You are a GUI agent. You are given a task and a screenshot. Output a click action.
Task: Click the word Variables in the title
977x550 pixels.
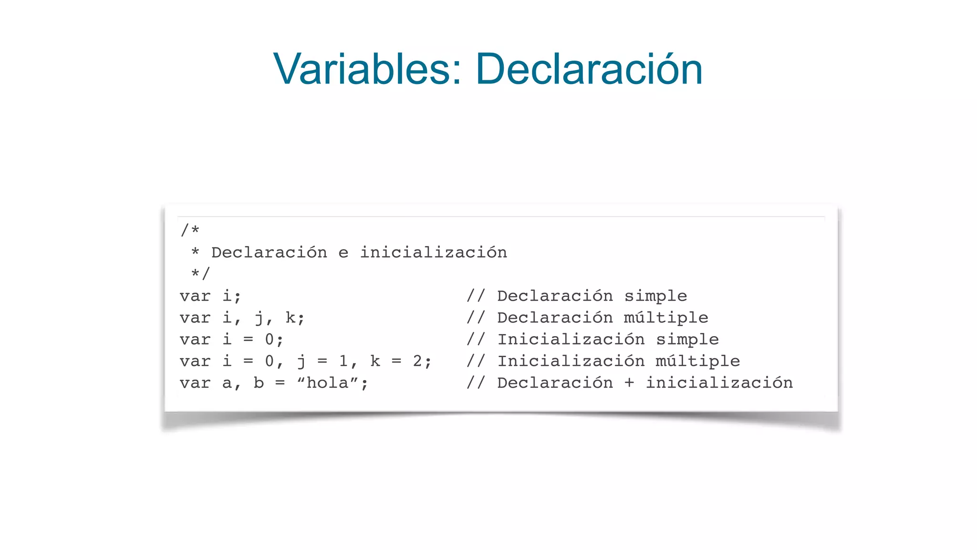click(x=361, y=70)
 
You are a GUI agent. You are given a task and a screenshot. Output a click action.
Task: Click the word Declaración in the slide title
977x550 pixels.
click(x=589, y=70)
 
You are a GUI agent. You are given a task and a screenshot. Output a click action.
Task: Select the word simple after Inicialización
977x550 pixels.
click(x=687, y=339)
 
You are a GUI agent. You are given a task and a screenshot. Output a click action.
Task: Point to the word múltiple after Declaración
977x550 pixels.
click(x=666, y=318)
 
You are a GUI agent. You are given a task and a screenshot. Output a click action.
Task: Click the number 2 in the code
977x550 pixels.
click(x=417, y=361)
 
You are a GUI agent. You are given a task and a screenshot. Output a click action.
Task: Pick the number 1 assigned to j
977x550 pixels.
click(x=343, y=361)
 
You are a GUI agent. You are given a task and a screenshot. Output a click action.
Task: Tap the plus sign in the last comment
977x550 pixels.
click(x=629, y=383)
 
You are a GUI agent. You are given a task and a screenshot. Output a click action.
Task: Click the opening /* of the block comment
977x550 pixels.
click(x=190, y=231)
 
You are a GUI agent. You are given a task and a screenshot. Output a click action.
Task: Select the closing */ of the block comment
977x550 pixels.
click(x=200, y=274)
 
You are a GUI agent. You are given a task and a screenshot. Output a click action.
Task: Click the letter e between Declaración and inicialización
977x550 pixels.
click(x=343, y=253)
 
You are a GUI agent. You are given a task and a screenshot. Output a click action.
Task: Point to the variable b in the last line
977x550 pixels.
click(x=259, y=383)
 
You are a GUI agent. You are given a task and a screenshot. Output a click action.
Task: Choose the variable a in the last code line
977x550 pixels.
click(x=227, y=383)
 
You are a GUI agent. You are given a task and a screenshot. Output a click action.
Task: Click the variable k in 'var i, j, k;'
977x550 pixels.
click(x=291, y=318)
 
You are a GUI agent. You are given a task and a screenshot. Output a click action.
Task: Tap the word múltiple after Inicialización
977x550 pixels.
click(x=697, y=361)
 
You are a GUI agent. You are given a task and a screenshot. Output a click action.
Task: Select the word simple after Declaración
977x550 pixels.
click(x=655, y=296)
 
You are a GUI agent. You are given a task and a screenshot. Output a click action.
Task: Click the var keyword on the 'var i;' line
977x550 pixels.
click(x=195, y=296)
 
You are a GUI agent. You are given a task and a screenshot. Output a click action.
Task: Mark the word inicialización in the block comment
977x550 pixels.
click(x=433, y=253)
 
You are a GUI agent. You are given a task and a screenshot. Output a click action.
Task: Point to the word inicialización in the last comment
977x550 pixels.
click(x=719, y=383)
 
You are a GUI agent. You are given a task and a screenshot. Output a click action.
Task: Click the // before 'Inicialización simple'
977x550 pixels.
click(x=476, y=339)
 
